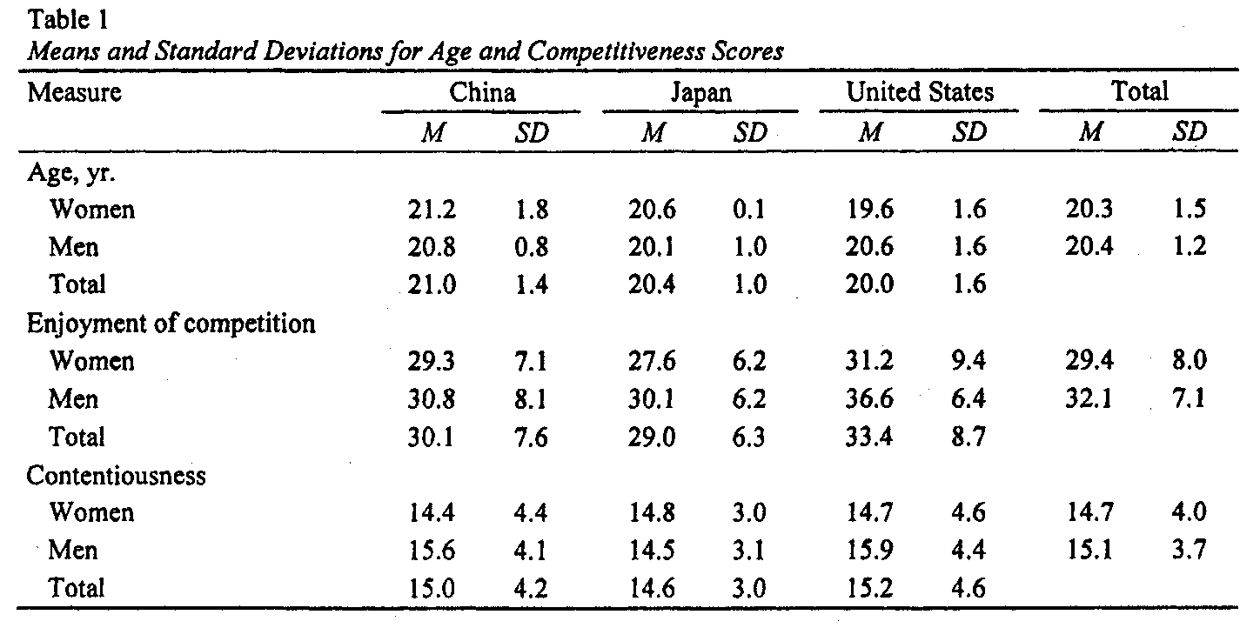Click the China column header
(483, 91)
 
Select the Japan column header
(701, 92)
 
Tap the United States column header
(920, 91)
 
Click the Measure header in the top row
(75, 91)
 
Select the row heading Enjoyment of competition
(171, 324)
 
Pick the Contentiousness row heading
(117, 476)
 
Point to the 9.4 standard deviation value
(968, 361)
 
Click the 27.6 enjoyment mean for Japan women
(651, 361)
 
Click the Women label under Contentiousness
(92, 512)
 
